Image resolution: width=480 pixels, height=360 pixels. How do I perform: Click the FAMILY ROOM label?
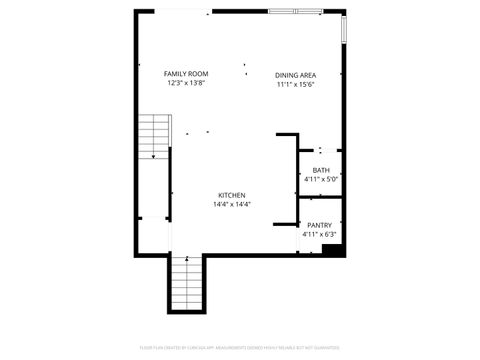click(x=186, y=74)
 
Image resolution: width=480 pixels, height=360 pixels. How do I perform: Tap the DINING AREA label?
click(x=296, y=75)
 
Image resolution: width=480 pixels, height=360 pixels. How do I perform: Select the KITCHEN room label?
click(x=232, y=195)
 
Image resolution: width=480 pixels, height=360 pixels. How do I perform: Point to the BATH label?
click(x=320, y=170)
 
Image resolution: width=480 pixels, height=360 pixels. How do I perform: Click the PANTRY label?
click(x=320, y=226)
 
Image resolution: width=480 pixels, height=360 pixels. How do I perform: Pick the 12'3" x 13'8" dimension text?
click(x=186, y=84)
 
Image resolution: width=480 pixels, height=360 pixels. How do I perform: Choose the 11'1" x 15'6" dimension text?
click(x=296, y=85)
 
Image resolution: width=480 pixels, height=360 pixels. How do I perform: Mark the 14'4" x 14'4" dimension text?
click(x=232, y=204)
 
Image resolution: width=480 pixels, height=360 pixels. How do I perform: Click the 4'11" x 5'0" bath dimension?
click(x=320, y=179)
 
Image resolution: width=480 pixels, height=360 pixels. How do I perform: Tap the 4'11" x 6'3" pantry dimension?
click(x=320, y=235)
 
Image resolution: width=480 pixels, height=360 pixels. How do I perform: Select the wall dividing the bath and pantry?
click(x=320, y=198)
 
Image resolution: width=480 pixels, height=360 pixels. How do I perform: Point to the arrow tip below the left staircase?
click(x=152, y=158)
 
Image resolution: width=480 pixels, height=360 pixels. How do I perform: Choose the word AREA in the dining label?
click(x=311, y=75)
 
